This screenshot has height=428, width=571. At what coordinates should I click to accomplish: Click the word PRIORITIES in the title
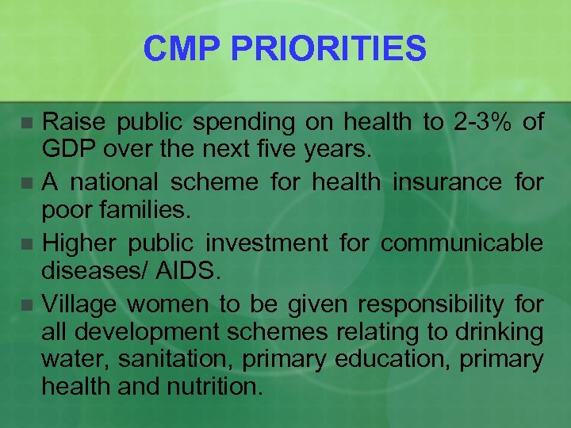[328, 50]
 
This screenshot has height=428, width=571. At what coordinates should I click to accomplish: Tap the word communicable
[462, 243]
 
